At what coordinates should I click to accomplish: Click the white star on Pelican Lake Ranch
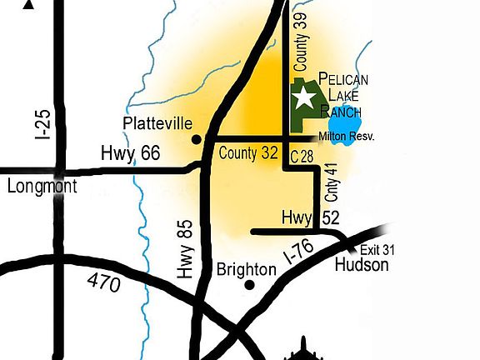[x=304, y=99]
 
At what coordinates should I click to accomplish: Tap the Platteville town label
[x=157, y=123]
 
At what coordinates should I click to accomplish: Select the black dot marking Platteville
[x=197, y=139]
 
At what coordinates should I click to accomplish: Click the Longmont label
[x=42, y=186]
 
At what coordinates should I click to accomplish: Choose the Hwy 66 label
[x=129, y=153]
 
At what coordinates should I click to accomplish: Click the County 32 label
[x=248, y=153]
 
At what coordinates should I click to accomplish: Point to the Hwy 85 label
[x=184, y=248]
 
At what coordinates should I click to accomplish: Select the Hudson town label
[x=361, y=265]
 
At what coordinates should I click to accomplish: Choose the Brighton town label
[x=246, y=269]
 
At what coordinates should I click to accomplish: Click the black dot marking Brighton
[x=249, y=285]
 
